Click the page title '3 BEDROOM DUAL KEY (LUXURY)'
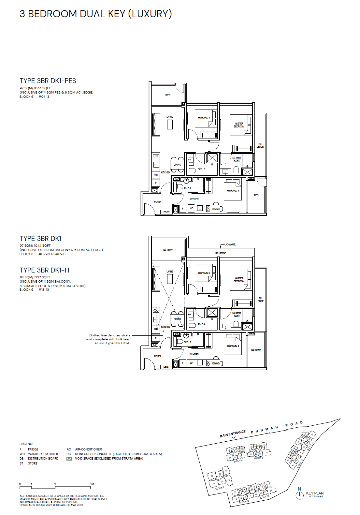(x=95, y=14)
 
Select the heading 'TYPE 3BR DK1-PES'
(x=48, y=81)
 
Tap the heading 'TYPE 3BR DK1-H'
(x=44, y=270)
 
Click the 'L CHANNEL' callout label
(x=230, y=244)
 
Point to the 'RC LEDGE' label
(x=221, y=253)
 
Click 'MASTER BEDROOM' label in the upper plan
(x=239, y=125)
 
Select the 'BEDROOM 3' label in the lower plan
(x=233, y=346)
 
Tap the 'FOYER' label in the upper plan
(x=158, y=202)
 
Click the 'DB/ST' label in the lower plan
(x=166, y=367)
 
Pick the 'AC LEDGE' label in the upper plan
(x=260, y=145)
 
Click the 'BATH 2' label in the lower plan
(x=201, y=324)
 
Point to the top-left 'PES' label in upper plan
(x=168, y=95)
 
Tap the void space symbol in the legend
(x=69, y=459)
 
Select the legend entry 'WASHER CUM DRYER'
(x=43, y=454)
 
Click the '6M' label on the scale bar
(x=92, y=484)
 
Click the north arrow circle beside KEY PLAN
(x=299, y=495)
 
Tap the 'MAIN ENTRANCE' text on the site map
(x=233, y=434)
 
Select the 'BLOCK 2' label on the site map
(x=220, y=488)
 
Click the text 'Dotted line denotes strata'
(x=110, y=335)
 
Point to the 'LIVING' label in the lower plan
(x=170, y=272)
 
